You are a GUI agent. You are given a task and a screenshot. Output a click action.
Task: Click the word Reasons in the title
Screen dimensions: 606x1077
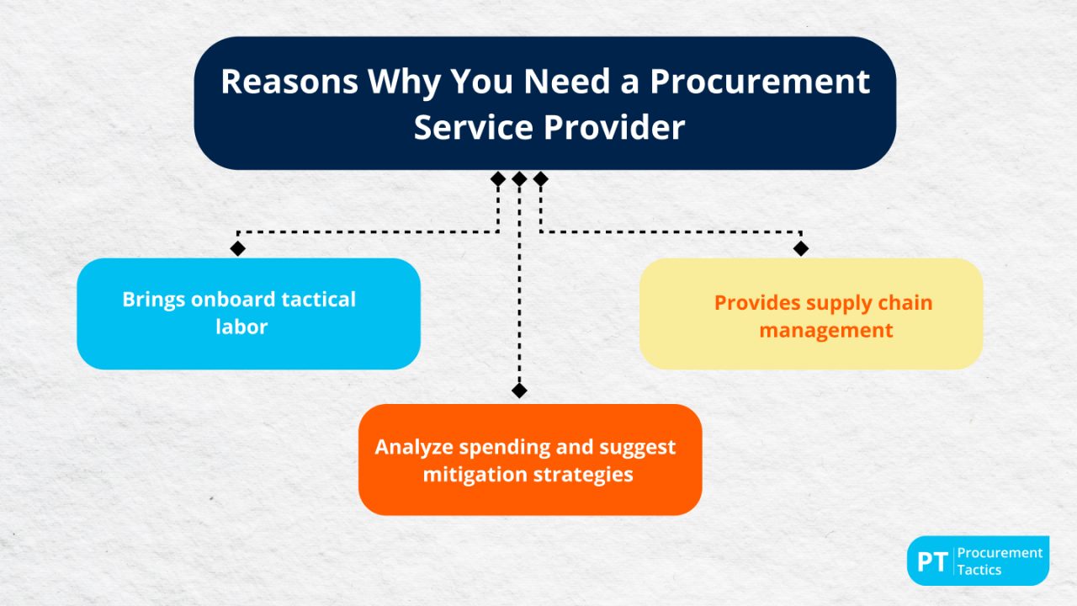(288, 82)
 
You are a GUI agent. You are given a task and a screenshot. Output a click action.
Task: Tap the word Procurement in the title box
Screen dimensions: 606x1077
(760, 82)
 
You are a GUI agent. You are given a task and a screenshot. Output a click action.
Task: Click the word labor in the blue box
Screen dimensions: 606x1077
(241, 327)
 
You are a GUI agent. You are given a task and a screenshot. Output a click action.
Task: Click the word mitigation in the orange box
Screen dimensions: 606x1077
(476, 474)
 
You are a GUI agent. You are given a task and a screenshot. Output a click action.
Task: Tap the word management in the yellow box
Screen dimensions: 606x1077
(825, 330)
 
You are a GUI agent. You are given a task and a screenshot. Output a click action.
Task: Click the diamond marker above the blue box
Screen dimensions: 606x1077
(238, 248)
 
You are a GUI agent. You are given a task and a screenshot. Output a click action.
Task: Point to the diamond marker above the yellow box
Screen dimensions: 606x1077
(801, 248)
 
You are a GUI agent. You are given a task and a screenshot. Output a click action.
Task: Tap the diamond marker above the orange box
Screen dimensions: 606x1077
(519, 391)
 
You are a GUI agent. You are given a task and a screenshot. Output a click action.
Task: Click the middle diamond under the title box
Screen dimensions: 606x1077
(519, 178)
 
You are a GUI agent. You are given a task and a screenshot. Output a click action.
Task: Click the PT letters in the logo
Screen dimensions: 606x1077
(931, 561)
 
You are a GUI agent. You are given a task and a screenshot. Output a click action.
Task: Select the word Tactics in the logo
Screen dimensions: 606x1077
(979, 570)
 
